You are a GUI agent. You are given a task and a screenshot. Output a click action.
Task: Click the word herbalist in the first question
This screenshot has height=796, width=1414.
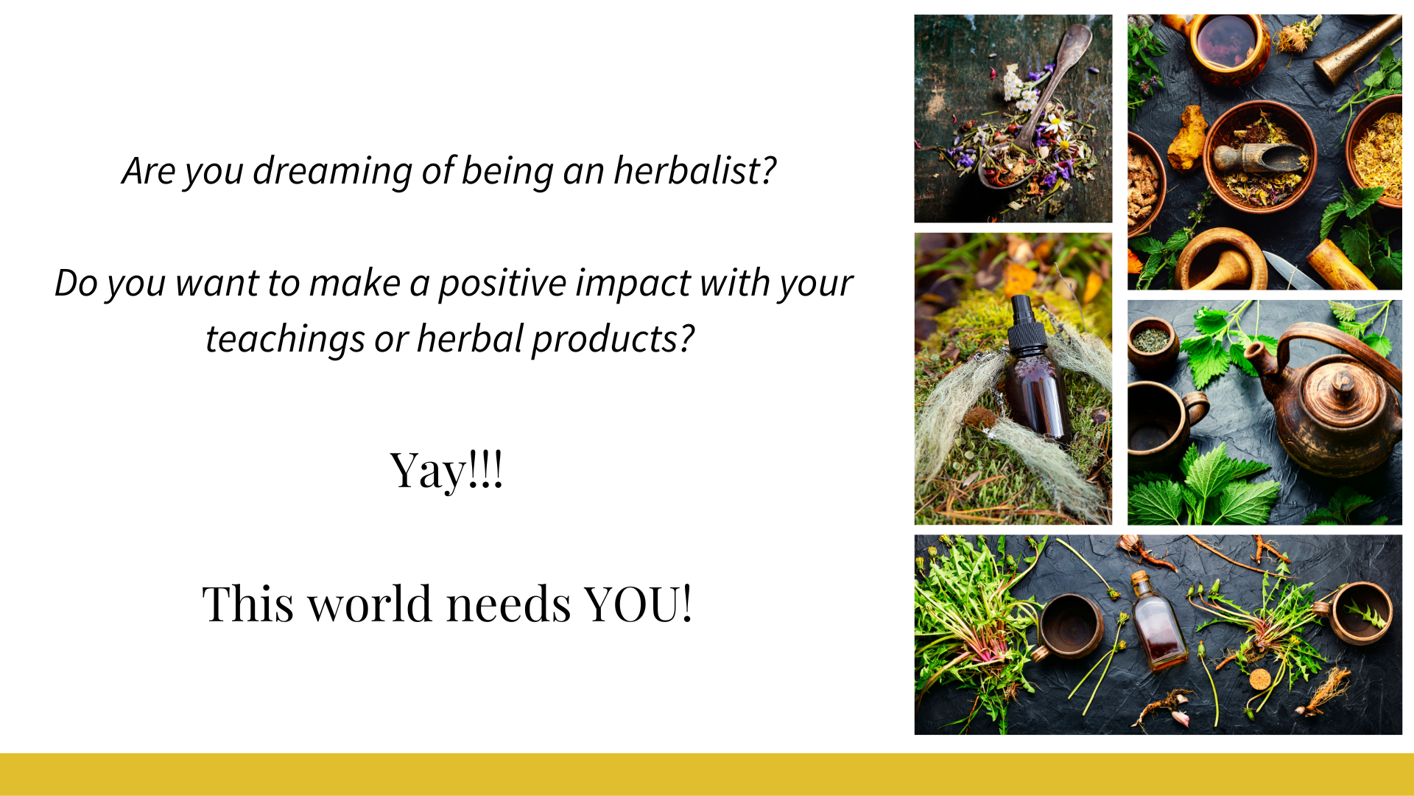pos(694,170)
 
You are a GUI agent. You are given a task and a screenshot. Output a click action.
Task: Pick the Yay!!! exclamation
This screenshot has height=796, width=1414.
pos(446,471)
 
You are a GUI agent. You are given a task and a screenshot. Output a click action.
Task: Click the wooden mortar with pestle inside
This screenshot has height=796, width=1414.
pos(1220,260)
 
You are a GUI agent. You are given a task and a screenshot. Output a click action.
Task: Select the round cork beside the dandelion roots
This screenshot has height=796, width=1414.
pos(1259,679)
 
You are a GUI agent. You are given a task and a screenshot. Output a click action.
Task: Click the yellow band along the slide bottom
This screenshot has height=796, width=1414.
pos(707,774)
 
